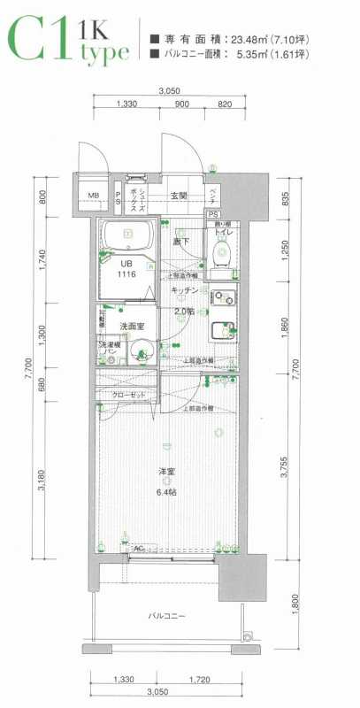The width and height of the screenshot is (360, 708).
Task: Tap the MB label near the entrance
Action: click(93, 196)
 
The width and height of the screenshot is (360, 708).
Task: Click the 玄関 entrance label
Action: click(180, 195)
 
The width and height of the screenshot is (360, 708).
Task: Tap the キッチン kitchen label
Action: click(183, 290)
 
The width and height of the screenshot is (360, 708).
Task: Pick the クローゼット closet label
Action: click(128, 394)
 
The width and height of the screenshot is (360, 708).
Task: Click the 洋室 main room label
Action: click(165, 470)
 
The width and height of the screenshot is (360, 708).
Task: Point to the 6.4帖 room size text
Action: click(165, 492)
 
